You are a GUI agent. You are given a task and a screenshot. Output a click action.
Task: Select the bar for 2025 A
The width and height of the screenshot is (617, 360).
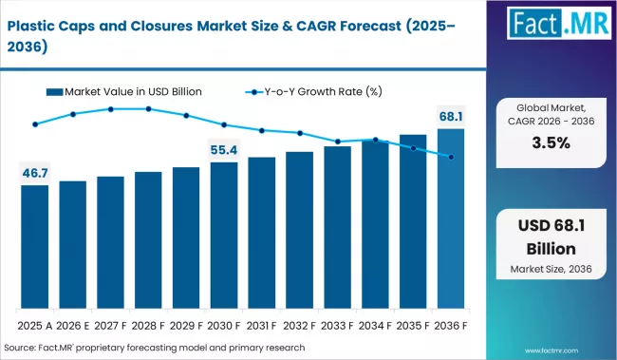pyautogui.click(x=35, y=247)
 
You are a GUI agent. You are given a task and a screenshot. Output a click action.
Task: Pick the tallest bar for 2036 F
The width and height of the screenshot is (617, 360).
pyautogui.click(x=451, y=218)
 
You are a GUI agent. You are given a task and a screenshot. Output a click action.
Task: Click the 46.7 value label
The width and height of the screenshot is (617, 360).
pyautogui.click(x=35, y=172)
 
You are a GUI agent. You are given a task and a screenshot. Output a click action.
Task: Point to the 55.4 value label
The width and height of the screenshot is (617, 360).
pyautogui.click(x=224, y=149)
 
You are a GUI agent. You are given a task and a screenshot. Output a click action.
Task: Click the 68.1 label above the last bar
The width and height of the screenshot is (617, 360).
pyautogui.click(x=451, y=117)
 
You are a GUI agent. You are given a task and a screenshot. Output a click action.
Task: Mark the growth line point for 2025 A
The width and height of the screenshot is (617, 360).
pyautogui.click(x=35, y=124)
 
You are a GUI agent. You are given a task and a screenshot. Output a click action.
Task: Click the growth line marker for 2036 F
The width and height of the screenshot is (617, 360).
pyautogui.click(x=451, y=157)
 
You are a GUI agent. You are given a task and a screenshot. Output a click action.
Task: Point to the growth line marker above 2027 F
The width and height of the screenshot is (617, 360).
pyautogui.click(x=111, y=109)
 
